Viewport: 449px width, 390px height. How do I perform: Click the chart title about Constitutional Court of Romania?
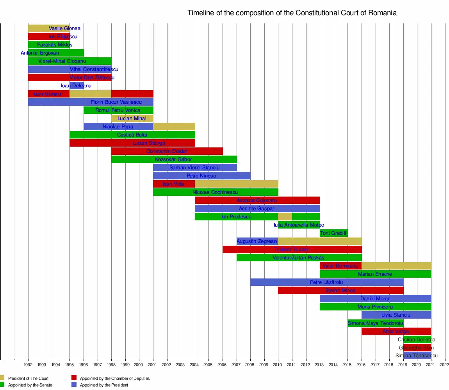[x=292, y=13]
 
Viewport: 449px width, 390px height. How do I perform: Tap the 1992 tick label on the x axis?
[x=28, y=365]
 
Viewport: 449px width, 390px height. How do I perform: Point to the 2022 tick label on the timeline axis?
[x=444, y=365]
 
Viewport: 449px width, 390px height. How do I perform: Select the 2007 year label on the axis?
[x=237, y=365]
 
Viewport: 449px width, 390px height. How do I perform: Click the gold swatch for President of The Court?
[x=2, y=378]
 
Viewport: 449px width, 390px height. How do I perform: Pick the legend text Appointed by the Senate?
[x=30, y=385]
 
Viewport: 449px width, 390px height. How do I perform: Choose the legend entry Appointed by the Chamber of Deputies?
[x=115, y=378]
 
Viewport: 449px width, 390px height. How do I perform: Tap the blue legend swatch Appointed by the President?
[x=74, y=385]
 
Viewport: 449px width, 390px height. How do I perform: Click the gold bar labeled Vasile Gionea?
[x=49, y=28]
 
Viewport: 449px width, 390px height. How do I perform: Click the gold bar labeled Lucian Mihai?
[x=132, y=119]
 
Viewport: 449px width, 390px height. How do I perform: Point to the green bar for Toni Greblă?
[x=333, y=233]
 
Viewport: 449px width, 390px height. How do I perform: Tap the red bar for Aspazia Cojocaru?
[x=257, y=200]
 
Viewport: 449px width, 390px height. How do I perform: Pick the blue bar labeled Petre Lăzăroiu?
[x=326, y=282]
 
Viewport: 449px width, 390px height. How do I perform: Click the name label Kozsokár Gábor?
[x=173, y=160]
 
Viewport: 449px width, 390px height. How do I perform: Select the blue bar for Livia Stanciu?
[x=396, y=315]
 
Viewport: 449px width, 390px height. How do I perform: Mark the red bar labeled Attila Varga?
[x=396, y=331]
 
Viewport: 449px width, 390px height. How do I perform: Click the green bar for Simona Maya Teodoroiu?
[x=375, y=323]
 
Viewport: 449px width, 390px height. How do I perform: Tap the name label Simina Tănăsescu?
[x=416, y=356]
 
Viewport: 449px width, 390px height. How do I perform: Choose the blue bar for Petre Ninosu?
[x=201, y=176]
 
